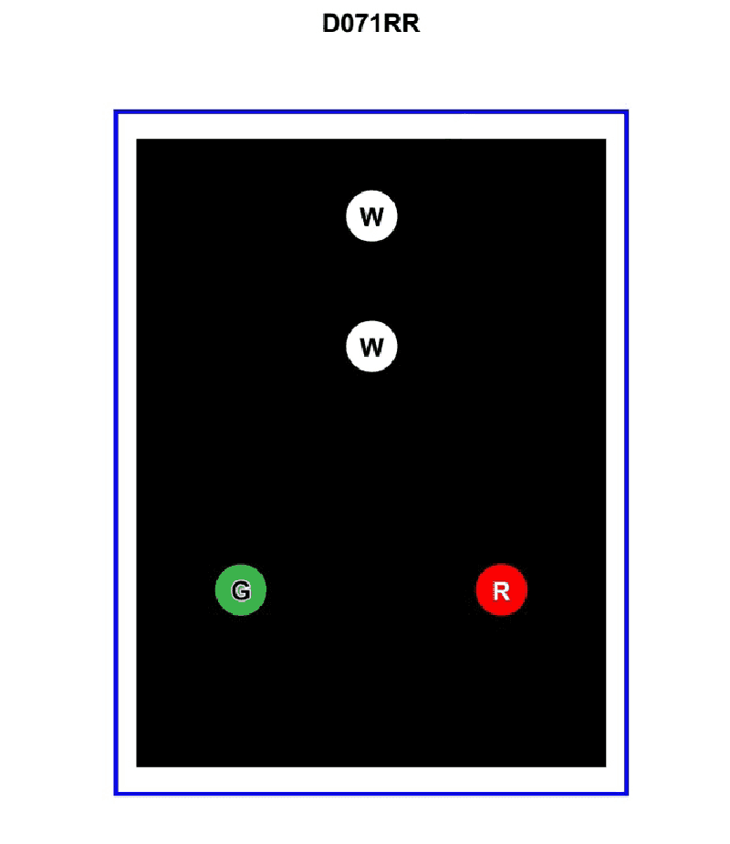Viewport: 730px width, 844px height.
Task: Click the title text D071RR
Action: point(370,24)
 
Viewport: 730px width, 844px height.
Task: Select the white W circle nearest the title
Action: point(371,216)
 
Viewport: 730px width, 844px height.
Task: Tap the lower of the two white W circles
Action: point(371,346)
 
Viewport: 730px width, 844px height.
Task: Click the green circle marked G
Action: point(241,590)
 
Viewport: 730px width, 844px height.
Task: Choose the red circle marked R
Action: point(501,590)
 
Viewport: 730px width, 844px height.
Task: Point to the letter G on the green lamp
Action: point(241,590)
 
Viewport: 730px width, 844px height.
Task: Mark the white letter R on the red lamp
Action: point(501,591)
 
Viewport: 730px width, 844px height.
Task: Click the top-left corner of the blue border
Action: point(116,112)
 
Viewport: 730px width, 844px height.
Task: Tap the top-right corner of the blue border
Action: point(627,112)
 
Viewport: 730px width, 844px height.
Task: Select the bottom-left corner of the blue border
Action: point(116,794)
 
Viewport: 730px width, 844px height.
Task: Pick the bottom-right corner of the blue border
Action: point(627,794)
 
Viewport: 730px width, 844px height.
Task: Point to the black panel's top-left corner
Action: point(137,140)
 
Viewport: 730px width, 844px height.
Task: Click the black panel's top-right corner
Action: point(606,140)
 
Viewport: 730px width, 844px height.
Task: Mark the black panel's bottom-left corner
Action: point(137,766)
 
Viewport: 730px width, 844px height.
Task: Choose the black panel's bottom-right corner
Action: point(606,766)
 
